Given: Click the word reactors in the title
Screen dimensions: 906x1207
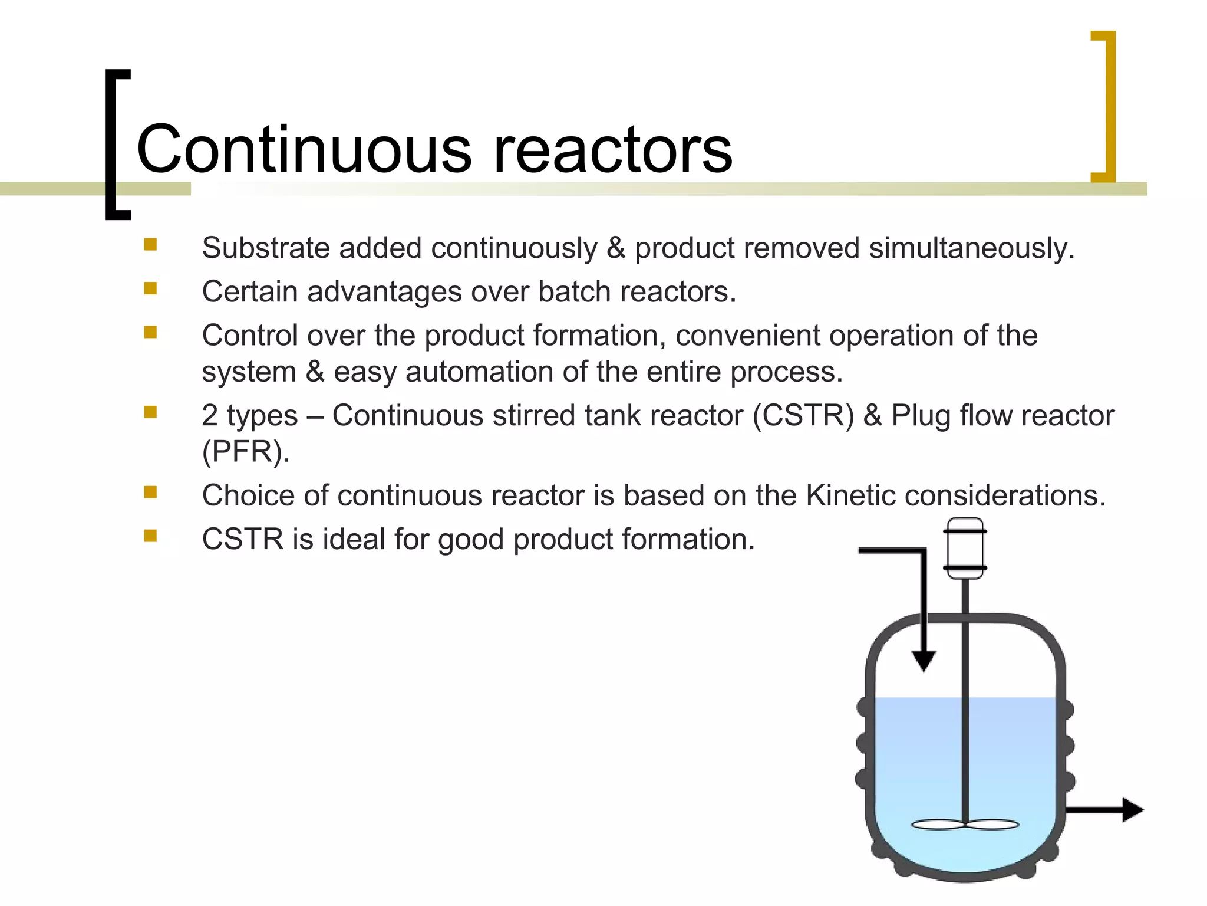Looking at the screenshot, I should click(612, 150).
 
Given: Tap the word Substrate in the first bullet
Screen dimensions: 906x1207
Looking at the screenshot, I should click(265, 248).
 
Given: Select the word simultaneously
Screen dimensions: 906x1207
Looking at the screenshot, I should click(971, 248).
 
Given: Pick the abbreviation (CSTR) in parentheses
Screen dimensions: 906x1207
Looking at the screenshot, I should click(803, 415).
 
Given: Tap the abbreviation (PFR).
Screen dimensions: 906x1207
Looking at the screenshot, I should click(245, 452).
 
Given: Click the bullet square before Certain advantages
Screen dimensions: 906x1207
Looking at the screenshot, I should click(150, 288).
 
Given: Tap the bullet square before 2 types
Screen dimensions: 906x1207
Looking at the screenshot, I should click(150, 412).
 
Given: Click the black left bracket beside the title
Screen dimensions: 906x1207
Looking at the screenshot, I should click(117, 145).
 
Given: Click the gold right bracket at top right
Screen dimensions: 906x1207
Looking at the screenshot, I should click(1105, 106).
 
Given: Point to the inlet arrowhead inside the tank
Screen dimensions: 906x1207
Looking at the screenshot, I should click(924, 660).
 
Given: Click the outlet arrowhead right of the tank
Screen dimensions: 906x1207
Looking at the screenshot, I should click(1132, 810).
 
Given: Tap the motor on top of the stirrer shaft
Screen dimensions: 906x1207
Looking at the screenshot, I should click(965, 549).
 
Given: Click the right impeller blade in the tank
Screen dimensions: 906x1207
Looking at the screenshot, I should click(992, 825).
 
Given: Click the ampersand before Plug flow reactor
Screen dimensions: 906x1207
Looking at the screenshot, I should click(872, 415).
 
